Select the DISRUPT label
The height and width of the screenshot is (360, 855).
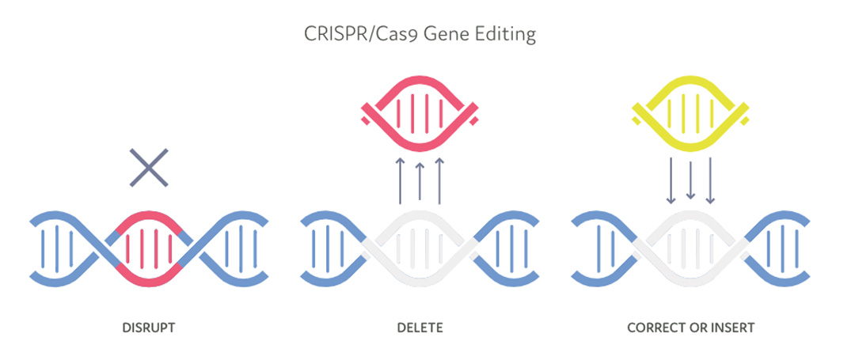[148, 328]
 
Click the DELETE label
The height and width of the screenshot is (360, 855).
[420, 328]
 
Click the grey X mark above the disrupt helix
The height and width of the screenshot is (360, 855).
[149, 168]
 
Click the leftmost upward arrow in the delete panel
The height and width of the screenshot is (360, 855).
[400, 181]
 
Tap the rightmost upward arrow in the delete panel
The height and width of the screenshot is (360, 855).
[439, 181]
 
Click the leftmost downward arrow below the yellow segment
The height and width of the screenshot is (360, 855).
[671, 181]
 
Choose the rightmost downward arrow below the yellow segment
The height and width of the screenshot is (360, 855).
[710, 181]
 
